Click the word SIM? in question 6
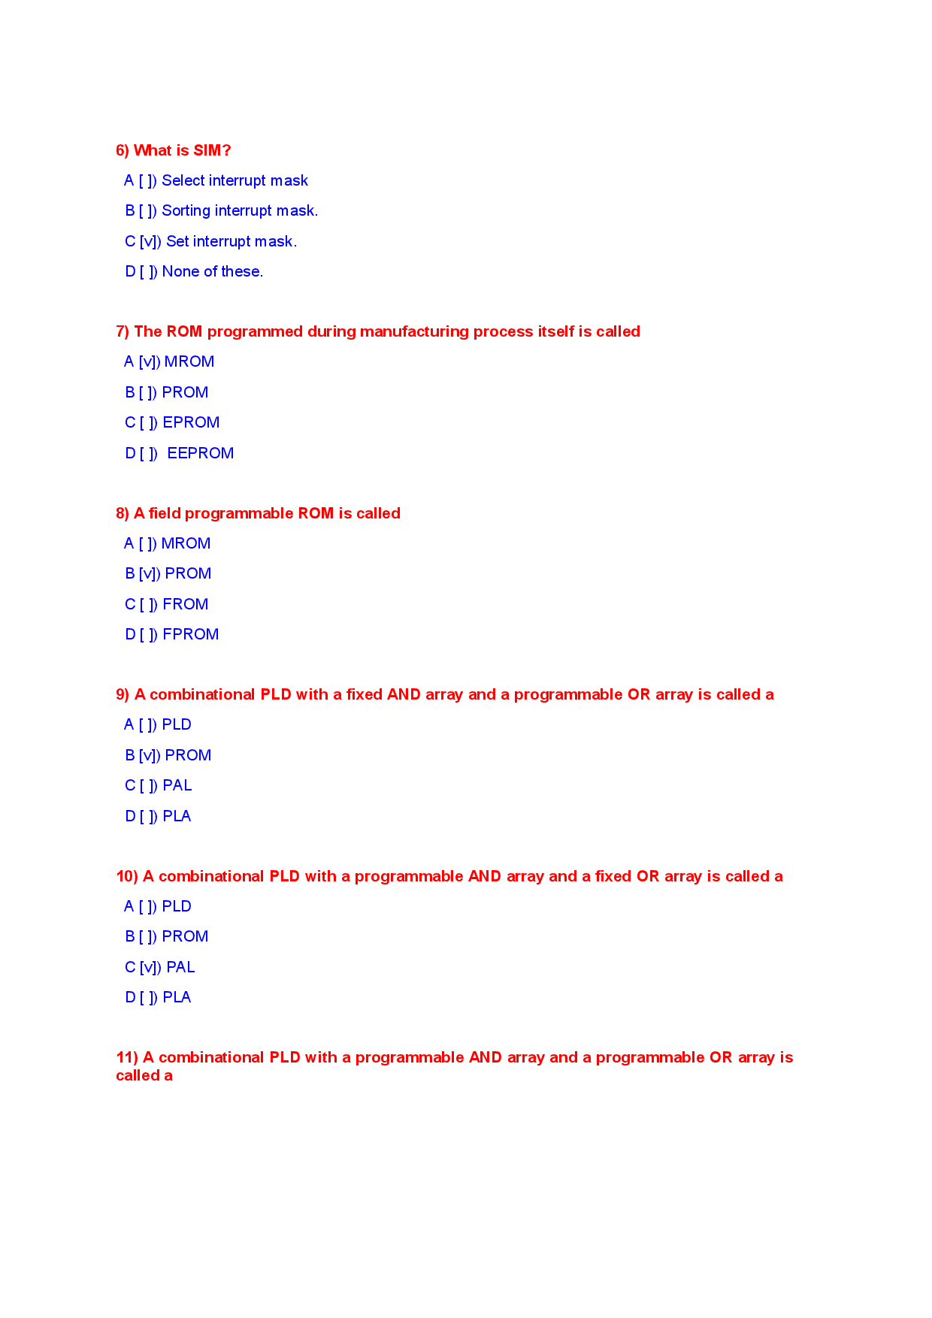[212, 150]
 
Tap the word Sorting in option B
[186, 211]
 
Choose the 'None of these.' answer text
[213, 272]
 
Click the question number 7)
[123, 331]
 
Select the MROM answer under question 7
[189, 362]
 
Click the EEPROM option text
[200, 453]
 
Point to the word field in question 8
[164, 513]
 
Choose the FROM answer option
[185, 604]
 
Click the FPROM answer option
[190, 634]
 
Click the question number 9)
[123, 694]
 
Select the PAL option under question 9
[177, 785]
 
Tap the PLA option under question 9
[177, 816]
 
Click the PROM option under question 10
[185, 936]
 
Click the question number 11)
[127, 1057]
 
